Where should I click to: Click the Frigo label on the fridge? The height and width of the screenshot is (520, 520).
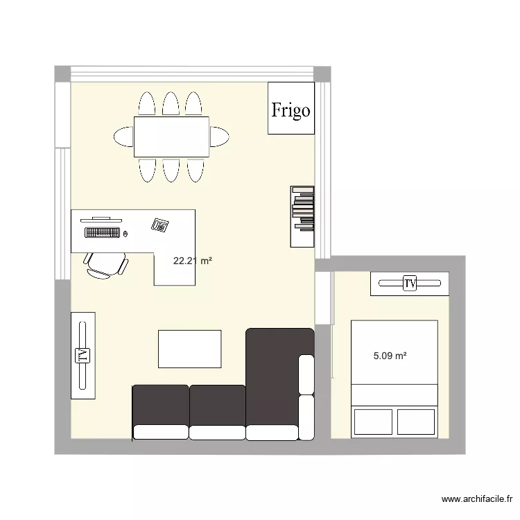[291, 110]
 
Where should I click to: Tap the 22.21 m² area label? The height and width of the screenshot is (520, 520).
[192, 261]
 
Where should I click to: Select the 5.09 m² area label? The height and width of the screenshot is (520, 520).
[390, 356]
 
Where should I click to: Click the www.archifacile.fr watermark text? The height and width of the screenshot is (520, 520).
[478, 499]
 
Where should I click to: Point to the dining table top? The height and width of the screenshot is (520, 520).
[171, 137]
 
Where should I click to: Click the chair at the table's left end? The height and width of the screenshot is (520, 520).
[123, 136]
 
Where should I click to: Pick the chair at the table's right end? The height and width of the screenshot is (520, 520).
[220, 136]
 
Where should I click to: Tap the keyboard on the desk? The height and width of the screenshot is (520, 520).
[102, 232]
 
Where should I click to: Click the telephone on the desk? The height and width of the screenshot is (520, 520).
[161, 225]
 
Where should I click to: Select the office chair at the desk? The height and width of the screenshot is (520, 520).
[106, 264]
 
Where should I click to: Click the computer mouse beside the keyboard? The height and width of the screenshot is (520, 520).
[126, 233]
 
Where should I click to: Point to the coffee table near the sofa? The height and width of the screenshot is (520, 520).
[189, 349]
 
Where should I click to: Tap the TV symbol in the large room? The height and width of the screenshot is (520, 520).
[83, 355]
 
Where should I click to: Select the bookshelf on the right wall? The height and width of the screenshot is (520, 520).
[303, 216]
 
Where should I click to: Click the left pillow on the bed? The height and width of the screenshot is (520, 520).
[372, 421]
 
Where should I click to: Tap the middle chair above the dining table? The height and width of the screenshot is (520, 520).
[171, 104]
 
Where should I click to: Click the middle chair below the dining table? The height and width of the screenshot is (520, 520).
[171, 169]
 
